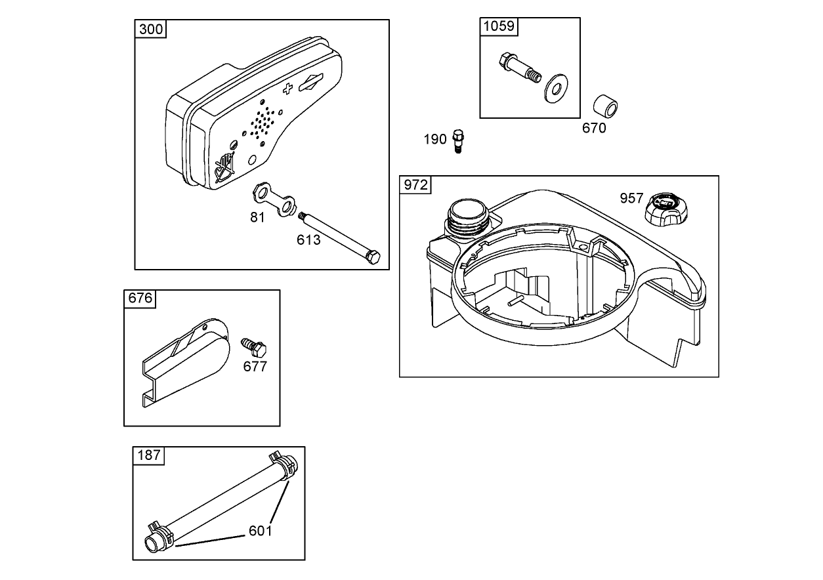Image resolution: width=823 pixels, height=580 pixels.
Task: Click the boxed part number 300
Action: tap(151, 30)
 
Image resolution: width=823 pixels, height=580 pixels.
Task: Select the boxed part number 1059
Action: tap(499, 27)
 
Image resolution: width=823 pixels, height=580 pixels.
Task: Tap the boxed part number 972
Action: tap(415, 185)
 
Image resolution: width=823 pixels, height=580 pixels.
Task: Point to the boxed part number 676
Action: tap(140, 299)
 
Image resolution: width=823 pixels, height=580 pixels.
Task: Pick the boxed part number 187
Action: tap(149, 455)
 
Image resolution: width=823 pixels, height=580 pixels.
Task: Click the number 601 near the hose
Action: tap(260, 531)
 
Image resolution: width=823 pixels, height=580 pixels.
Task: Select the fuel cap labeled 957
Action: tap(665, 210)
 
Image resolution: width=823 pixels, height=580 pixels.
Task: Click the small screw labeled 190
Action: tap(459, 141)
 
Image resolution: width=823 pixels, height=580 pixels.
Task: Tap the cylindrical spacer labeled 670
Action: tap(606, 106)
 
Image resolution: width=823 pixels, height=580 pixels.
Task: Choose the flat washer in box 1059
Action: tap(557, 88)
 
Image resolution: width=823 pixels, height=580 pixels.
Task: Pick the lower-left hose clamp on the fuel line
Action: tap(161, 532)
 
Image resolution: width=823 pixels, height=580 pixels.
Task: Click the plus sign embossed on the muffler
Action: tap(287, 89)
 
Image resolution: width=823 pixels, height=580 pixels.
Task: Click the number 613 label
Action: tap(308, 240)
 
